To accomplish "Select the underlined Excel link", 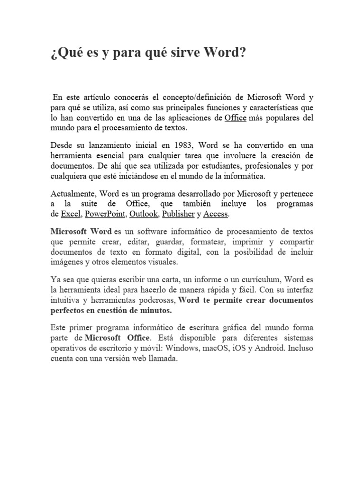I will pyautogui.click(x=71, y=214).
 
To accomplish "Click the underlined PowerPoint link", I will pyautogui.click(x=105, y=214).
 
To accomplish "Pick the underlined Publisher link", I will pyautogui.click(x=178, y=214).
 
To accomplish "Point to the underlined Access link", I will pyautogui.click(x=216, y=214).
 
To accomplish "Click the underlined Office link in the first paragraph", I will pyautogui.click(x=235, y=117).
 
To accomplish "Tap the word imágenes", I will pyautogui.click(x=66, y=262).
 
